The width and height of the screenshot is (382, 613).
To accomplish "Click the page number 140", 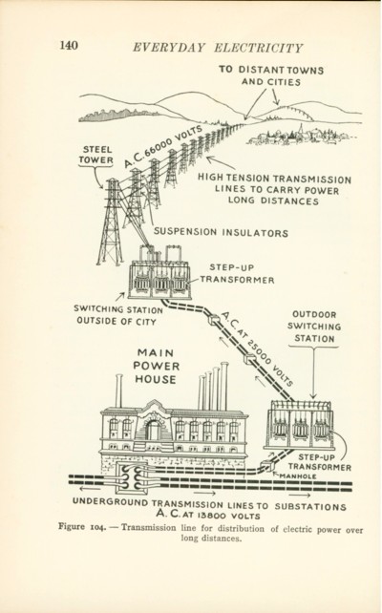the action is click(x=69, y=45).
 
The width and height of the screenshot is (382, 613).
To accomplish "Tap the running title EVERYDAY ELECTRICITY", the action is click(x=218, y=48).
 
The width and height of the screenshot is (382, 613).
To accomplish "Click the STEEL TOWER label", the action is click(x=95, y=155).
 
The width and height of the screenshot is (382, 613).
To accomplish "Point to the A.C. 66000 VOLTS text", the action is click(x=164, y=146).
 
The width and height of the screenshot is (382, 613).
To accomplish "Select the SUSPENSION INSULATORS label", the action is click(x=221, y=232).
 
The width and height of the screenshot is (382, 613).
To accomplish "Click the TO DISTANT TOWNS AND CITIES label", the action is click(x=271, y=75).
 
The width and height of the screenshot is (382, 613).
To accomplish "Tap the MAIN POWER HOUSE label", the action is click(x=156, y=367).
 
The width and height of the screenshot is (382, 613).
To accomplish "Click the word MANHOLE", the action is click(x=297, y=476).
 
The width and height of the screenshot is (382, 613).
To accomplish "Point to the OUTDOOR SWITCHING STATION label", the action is click(x=314, y=327).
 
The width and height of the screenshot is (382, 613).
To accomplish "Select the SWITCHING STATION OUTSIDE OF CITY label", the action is click(x=118, y=315).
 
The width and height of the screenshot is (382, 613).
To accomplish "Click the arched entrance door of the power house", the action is click(x=153, y=430).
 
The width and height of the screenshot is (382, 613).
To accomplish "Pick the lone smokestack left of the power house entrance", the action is click(x=118, y=391).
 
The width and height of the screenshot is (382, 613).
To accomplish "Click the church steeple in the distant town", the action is click(x=300, y=130).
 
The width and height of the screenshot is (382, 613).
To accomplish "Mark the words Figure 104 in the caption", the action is click(x=82, y=527).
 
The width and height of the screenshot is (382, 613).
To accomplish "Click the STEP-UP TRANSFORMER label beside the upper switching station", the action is click(x=238, y=274).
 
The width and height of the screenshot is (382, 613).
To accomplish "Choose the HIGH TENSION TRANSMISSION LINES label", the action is click(x=274, y=190).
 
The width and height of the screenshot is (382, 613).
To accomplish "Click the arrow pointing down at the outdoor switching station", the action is click(x=313, y=372).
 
